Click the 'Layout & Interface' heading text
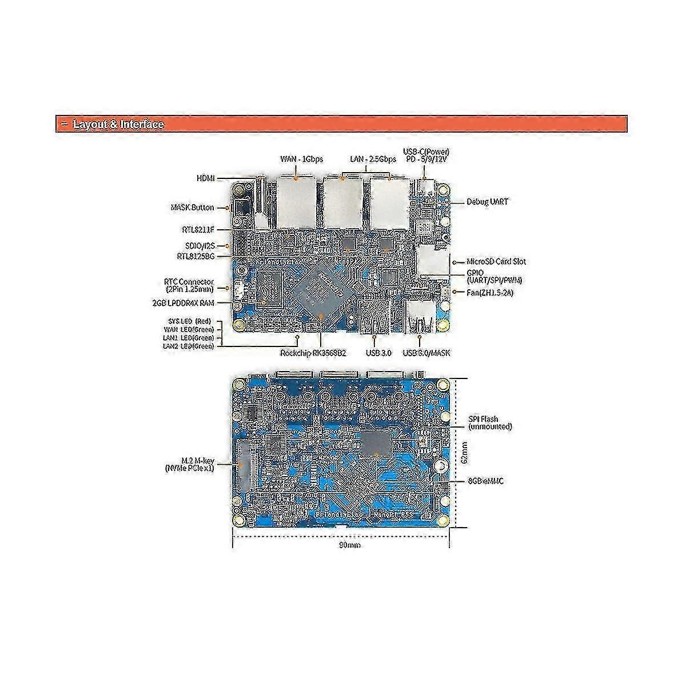[x=119, y=125]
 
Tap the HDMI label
[x=205, y=179]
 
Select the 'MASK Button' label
[x=192, y=208]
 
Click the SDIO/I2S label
[x=196, y=246]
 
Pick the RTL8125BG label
[x=196, y=257]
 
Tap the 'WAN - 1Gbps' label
[x=301, y=159]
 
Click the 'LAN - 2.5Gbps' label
[x=373, y=159]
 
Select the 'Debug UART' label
[x=487, y=202]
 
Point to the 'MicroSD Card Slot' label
[x=496, y=262]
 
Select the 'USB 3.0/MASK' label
[x=426, y=353]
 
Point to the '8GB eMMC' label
[x=485, y=481]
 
